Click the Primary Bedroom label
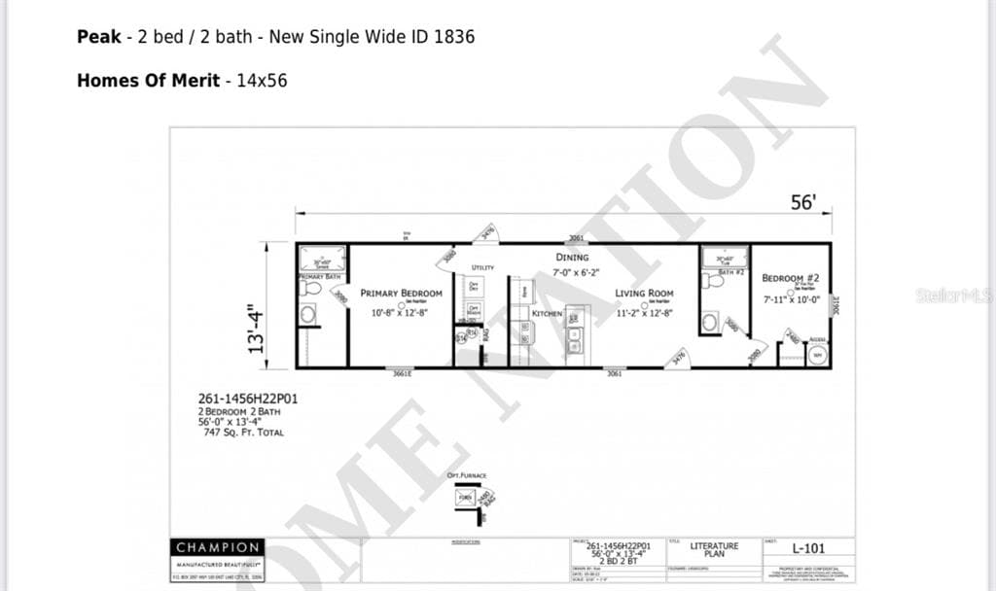(x=401, y=293)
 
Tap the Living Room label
(x=643, y=293)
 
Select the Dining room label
(x=572, y=258)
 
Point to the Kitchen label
(x=547, y=314)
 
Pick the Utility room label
(x=482, y=267)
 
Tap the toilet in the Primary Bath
(x=310, y=288)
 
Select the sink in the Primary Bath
(x=308, y=314)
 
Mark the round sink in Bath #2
(x=710, y=322)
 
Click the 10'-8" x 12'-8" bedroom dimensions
(x=401, y=313)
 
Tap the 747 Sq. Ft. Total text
(x=243, y=433)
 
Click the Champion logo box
(x=217, y=547)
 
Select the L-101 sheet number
(x=807, y=548)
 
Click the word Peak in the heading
(x=99, y=37)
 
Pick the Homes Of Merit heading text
(x=148, y=81)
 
